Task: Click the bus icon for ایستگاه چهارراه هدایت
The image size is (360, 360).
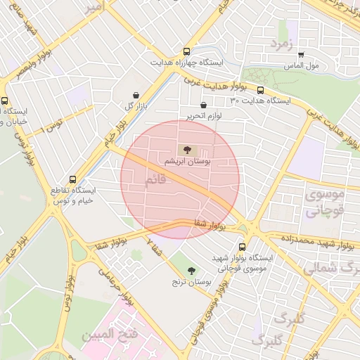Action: (186, 51)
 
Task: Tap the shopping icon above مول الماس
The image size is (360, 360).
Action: (301, 55)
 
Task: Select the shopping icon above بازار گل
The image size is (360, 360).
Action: (135, 95)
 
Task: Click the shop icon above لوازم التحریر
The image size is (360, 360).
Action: (203, 105)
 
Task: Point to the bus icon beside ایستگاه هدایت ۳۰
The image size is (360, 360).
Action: (261, 90)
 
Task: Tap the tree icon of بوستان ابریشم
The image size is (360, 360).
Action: (186, 149)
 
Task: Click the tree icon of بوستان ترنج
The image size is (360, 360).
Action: (191, 270)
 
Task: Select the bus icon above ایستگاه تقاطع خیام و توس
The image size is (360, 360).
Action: (53, 179)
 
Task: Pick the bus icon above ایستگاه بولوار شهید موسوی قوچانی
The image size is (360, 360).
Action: (243, 247)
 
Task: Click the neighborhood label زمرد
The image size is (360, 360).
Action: (280, 44)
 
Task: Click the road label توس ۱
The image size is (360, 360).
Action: (51, 127)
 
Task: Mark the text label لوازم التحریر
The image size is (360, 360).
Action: (205, 115)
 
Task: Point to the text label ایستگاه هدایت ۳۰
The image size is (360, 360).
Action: (260, 101)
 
